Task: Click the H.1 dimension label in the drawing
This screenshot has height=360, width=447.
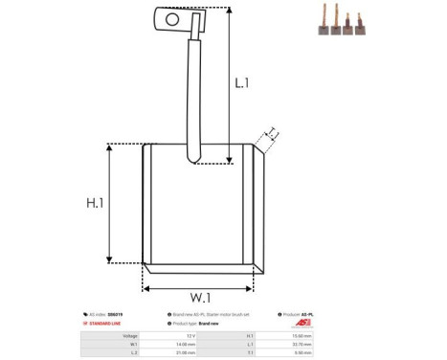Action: click(95, 203)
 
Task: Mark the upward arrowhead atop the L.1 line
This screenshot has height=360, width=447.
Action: click(230, 11)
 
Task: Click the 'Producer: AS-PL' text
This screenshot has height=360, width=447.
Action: click(306, 314)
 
